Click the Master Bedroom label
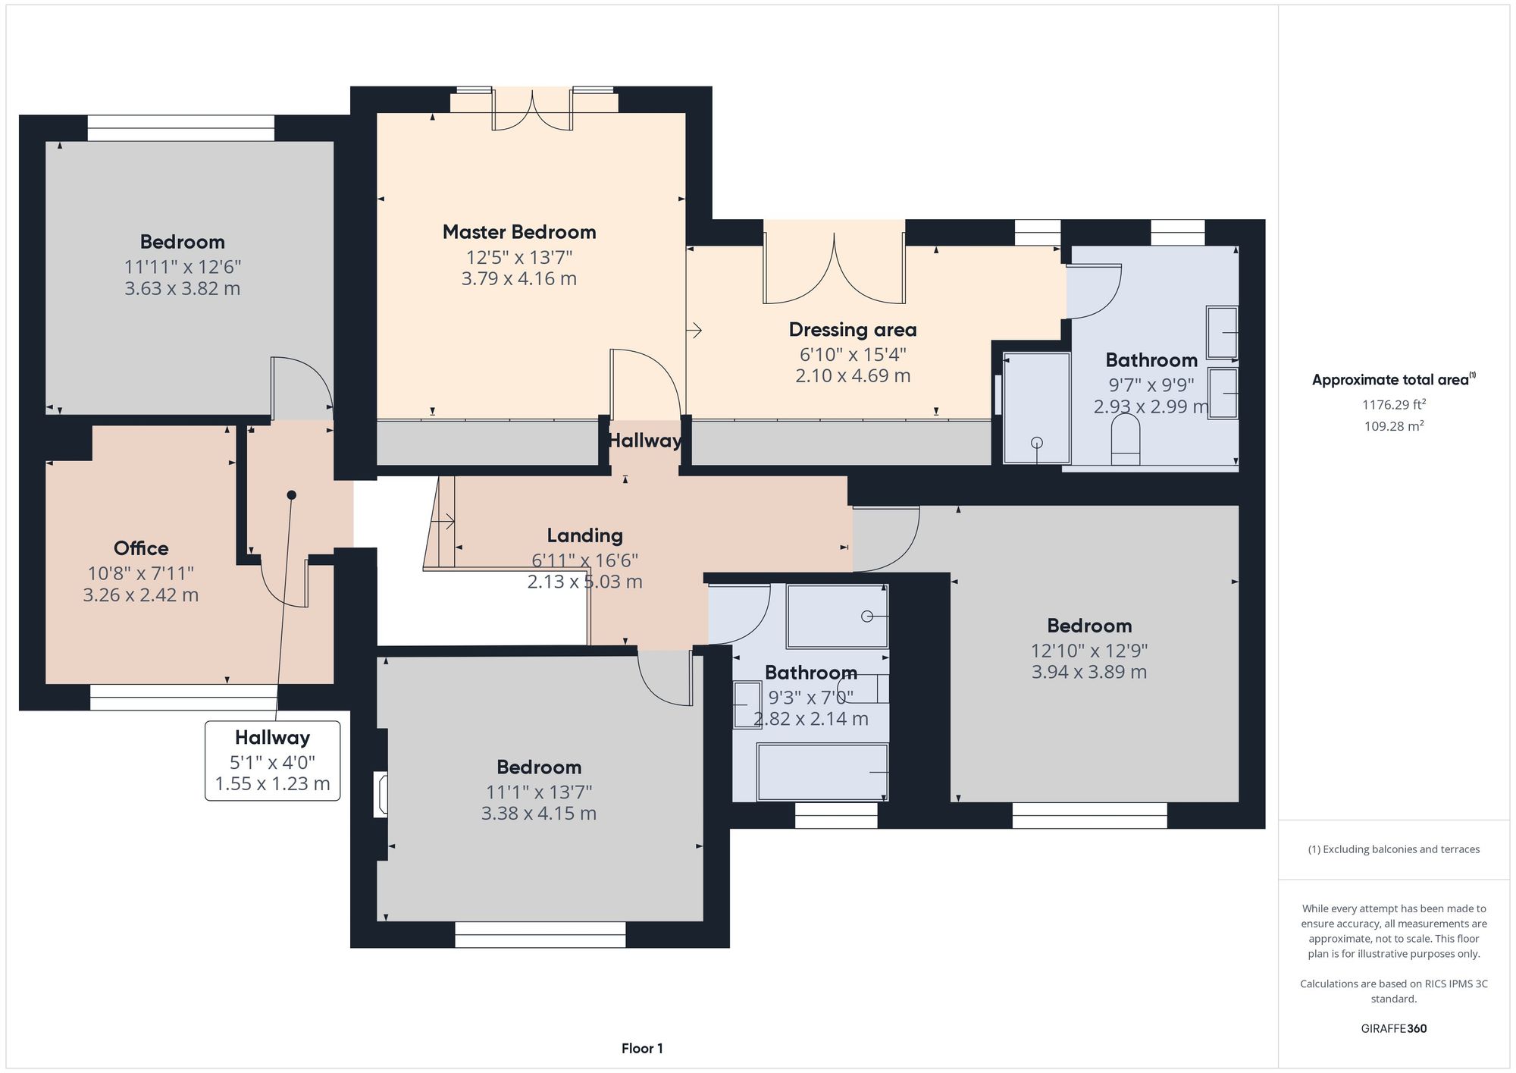(x=519, y=232)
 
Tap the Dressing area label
(x=853, y=330)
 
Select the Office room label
(x=141, y=548)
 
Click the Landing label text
(x=584, y=535)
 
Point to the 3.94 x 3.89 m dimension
(x=1088, y=672)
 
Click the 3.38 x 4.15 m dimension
(x=539, y=814)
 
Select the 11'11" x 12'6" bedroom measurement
(x=183, y=267)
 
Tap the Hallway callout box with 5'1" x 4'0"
(x=272, y=761)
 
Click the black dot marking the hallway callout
(x=291, y=495)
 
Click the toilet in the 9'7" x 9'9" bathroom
(x=1126, y=440)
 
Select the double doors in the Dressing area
(x=834, y=265)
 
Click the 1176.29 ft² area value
(x=1393, y=405)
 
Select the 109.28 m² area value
(x=1393, y=426)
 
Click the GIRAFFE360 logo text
(x=1393, y=1029)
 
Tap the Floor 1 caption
(x=642, y=1049)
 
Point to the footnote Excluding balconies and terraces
(x=1393, y=849)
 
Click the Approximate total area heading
(x=1393, y=380)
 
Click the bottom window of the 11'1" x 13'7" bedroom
(x=540, y=935)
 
